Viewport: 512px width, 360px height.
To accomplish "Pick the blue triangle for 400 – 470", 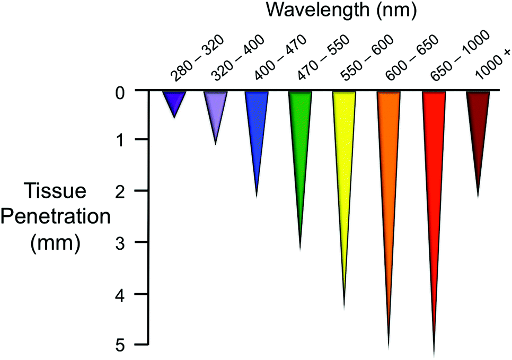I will (257, 122).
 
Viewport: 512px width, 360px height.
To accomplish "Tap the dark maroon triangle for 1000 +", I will (478, 122).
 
